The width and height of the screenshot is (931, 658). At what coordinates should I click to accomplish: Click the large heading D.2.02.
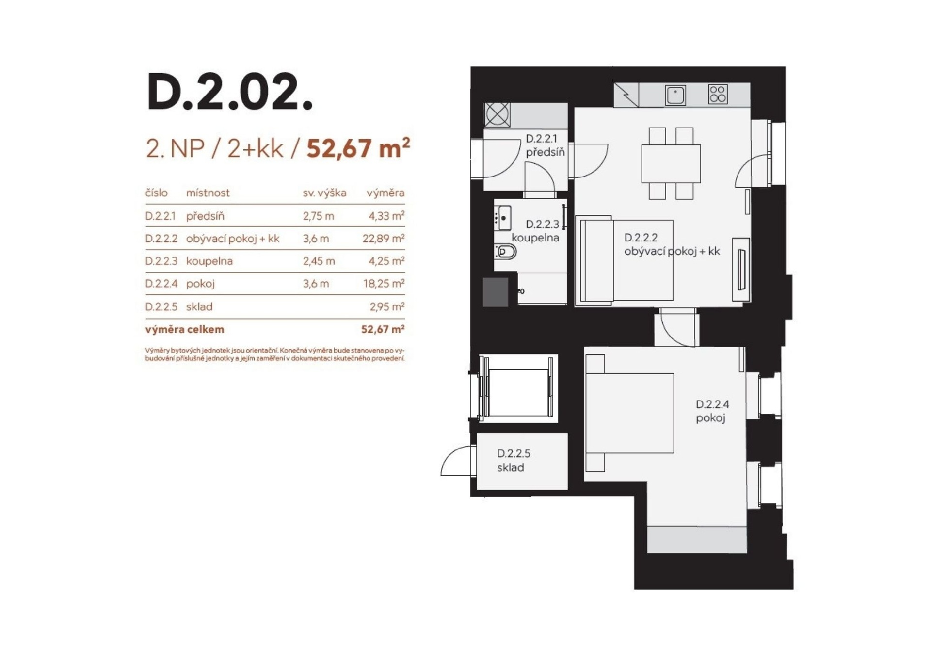(230, 92)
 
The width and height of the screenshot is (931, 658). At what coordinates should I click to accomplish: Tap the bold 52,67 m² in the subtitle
(358, 148)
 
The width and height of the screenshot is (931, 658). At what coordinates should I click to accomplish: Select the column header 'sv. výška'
(324, 193)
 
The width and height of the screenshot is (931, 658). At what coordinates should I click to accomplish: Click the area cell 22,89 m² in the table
(384, 238)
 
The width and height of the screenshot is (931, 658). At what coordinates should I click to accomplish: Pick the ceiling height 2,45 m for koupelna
(319, 261)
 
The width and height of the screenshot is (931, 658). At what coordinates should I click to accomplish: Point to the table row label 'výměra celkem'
(185, 329)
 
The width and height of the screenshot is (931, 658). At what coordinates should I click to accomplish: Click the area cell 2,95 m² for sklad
(387, 306)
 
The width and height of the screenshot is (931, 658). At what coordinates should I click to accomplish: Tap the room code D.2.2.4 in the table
(161, 284)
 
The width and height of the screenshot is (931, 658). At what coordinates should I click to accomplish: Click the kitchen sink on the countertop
(675, 95)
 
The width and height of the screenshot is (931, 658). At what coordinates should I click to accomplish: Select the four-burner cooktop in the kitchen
(718, 95)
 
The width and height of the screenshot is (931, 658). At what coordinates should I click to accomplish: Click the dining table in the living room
(671, 163)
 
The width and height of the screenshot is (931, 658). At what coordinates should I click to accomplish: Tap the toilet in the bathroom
(506, 252)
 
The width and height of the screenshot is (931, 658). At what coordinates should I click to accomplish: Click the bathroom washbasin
(503, 218)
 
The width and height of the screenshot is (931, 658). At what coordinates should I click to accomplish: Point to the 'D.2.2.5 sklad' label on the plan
(514, 461)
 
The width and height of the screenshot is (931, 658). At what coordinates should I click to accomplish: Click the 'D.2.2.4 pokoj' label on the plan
(712, 411)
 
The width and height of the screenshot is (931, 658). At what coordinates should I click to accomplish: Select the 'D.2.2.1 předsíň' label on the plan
(545, 145)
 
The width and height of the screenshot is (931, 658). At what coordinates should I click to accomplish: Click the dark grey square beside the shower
(495, 292)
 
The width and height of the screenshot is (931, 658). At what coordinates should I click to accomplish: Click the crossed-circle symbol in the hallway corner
(497, 114)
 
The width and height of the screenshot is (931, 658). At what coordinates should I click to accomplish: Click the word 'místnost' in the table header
(208, 193)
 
